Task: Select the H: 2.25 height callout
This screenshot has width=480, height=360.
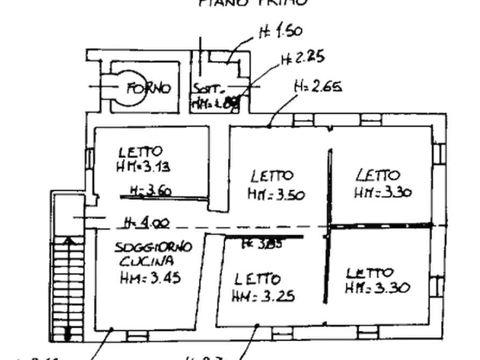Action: pos(302,57)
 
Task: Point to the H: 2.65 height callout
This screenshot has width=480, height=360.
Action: pos(318,87)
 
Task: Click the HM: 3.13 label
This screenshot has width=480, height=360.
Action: pos(142,167)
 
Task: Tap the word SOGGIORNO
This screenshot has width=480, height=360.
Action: pos(153,248)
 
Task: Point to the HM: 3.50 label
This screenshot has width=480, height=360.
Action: pos(276,194)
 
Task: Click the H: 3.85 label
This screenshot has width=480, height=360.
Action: pos(264,243)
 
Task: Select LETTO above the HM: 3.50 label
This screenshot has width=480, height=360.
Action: pos(272,176)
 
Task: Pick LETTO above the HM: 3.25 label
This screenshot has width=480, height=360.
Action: pos(257,279)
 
